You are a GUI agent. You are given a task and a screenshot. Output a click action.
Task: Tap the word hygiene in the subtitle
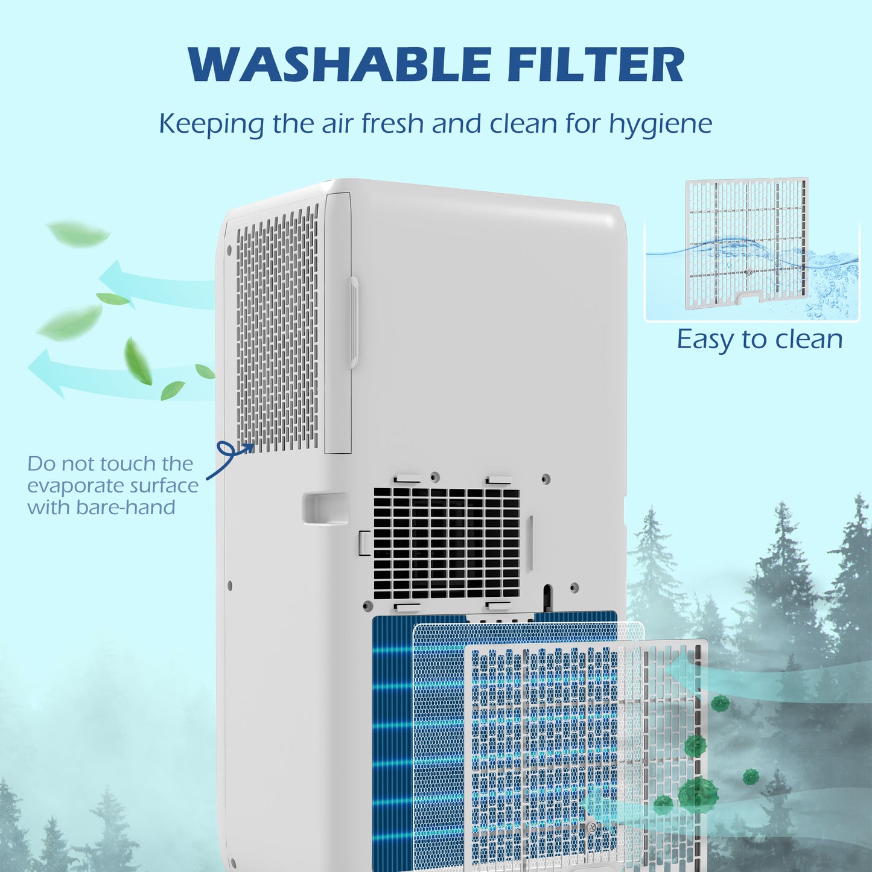[660, 124]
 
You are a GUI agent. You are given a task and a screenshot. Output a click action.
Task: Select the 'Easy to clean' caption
[759, 339]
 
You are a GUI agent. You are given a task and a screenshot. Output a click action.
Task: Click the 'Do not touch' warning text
[110, 463]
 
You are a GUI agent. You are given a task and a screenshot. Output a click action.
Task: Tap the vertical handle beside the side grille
[353, 322]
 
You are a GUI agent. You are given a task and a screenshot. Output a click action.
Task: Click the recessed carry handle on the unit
[325, 508]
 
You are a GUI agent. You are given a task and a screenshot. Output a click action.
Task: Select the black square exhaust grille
[446, 543]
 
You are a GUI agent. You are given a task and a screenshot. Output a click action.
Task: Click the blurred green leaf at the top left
[78, 233]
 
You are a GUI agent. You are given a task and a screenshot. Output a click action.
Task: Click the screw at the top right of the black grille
[546, 479]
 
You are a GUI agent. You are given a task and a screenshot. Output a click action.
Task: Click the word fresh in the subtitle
[393, 124]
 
